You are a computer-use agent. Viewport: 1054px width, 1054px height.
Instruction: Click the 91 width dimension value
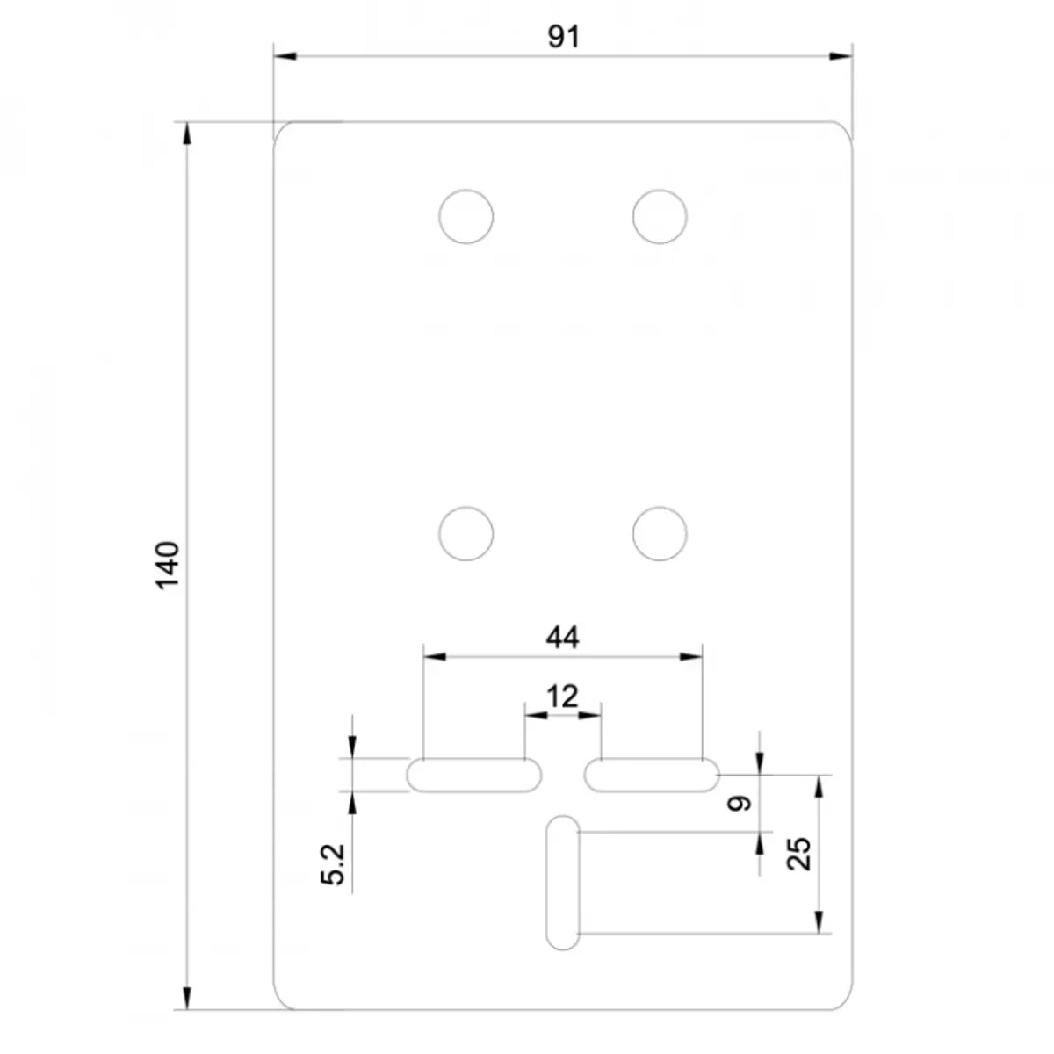click(564, 37)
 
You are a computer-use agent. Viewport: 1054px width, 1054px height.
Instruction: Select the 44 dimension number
click(562, 637)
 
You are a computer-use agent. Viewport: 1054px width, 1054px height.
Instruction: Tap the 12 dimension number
click(562, 697)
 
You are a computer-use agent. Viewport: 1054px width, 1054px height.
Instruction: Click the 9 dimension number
click(740, 802)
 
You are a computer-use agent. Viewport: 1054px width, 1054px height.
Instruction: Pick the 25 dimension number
click(798, 853)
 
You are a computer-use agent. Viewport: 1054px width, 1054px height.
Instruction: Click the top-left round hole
click(466, 216)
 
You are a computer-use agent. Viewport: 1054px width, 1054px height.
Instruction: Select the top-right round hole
click(660, 216)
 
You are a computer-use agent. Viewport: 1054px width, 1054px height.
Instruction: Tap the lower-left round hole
click(466, 533)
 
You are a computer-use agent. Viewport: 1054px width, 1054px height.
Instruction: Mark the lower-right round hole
click(660, 533)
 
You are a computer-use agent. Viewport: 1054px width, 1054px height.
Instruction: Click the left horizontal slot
click(474, 776)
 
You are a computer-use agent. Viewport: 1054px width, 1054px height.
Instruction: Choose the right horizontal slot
click(651, 776)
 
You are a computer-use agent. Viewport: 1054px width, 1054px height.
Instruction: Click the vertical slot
click(562, 882)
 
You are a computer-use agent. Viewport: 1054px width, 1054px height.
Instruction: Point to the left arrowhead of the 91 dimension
click(284, 57)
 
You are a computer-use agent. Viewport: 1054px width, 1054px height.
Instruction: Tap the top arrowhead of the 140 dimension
click(185, 133)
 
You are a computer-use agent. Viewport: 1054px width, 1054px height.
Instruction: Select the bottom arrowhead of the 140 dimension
click(185, 999)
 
